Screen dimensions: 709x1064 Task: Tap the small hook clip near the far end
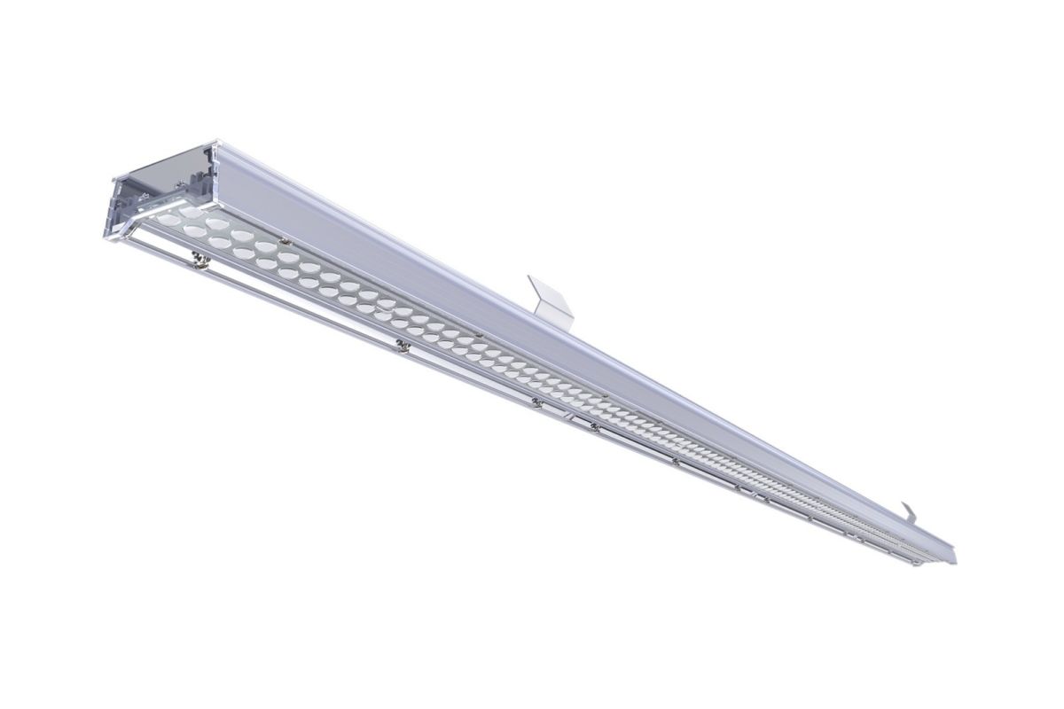[x=910, y=511]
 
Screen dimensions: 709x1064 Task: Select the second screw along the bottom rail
[x=403, y=345]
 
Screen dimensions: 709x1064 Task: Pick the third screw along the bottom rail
[x=536, y=402]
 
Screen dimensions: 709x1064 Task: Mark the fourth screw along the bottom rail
[x=595, y=427]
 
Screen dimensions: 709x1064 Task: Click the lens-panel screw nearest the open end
[x=285, y=239]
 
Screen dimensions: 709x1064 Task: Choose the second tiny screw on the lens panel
[x=479, y=334]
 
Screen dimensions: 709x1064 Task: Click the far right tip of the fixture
[x=955, y=558]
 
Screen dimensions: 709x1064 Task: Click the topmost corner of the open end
[x=215, y=141]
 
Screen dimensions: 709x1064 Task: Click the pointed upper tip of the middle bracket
[x=529, y=277]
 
